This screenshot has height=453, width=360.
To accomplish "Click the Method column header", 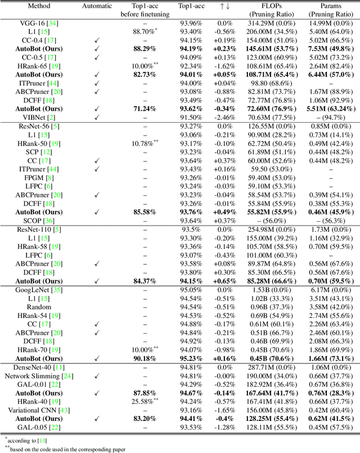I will [x=38, y=6].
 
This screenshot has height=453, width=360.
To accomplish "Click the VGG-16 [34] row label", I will [x=38, y=23].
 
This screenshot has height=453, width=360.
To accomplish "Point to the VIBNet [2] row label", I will [x=38, y=117].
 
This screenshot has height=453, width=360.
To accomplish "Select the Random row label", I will [x=38, y=307].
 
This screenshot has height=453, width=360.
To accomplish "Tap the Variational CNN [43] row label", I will [x=38, y=411].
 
